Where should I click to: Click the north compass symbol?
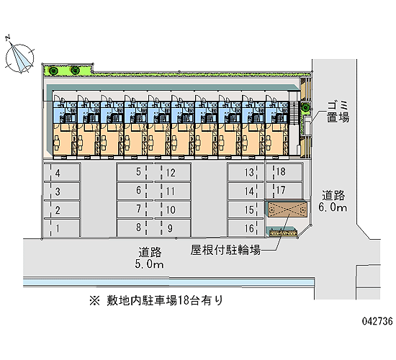[x=19, y=58]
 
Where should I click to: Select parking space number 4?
[x=62, y=173]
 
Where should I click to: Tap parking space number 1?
[x=62, y=228]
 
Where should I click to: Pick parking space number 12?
[x=173, y=173]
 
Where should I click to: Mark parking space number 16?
[x=246, y=228]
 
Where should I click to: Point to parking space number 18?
[x=284, y=172]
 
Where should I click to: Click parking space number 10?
[x=173, y=210]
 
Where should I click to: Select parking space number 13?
[x=246, y=173]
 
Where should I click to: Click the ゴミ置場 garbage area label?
[x=338, y=112]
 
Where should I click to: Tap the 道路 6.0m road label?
[x=333, y=201]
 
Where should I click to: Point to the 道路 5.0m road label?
[x=150, y=258]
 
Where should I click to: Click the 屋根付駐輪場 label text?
[x=225, y=250]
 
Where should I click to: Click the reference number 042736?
[x=377, y=321]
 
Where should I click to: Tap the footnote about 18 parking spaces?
[x=156, y=300]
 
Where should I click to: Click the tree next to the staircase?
[x=305, y=107]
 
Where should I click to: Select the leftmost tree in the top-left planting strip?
[x=54, y=71]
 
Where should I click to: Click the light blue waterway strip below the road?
[x=168, y=282]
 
